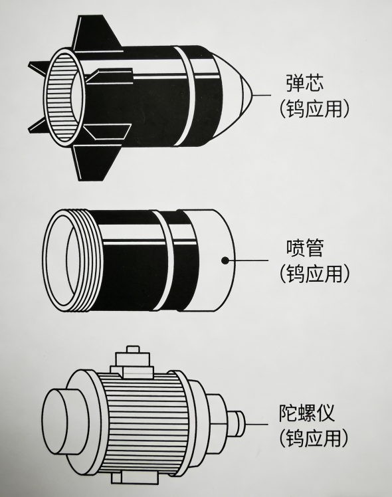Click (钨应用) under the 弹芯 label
point(314,109)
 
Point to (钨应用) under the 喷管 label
point(314,273)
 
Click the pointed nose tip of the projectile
point(252,96)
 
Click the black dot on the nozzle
point(225,260)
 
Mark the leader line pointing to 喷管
point(249,260)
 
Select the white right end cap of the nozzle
point(209,259)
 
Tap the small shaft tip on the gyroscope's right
point(237,421)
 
